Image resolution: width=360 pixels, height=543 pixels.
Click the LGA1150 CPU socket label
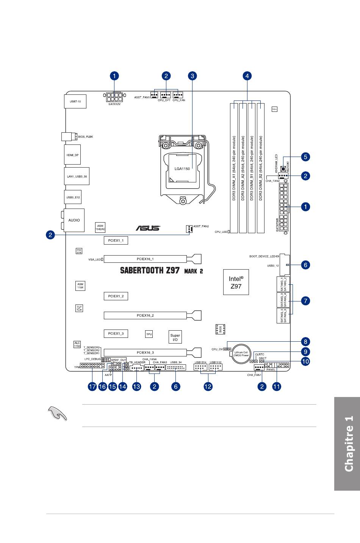pos(182,169)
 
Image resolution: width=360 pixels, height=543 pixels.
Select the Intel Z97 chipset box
pos(236,282)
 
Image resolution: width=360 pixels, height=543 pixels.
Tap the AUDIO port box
pos(74,220)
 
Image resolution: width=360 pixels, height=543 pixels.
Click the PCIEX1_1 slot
pos(116,240)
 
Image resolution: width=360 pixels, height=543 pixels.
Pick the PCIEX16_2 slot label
pos(145,315)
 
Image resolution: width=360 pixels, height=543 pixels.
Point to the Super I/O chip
pos(175,337)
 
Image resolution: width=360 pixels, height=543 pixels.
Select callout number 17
pos(92,386)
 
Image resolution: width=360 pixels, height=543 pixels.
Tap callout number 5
pos(305,157)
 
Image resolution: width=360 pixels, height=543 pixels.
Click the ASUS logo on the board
pos(148,228)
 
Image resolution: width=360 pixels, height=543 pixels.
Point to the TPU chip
pos(149,334)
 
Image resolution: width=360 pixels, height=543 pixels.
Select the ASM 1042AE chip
pos(100,227)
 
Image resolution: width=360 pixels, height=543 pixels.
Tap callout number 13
pos(136,386)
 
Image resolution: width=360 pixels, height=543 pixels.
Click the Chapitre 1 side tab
pos(347,444)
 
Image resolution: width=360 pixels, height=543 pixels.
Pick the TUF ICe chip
pos(79,308)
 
